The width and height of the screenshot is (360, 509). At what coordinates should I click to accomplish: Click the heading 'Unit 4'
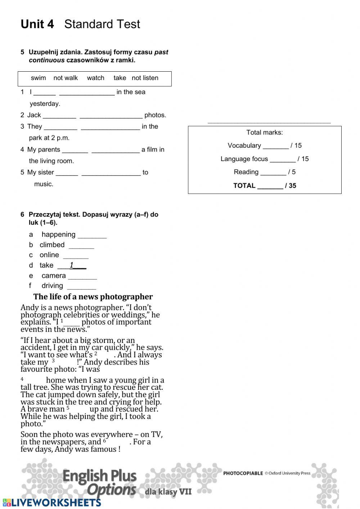tap(37, 24)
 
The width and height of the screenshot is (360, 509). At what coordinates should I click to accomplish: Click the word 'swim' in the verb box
tap(38, 78)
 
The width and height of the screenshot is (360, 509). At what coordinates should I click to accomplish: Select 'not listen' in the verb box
tap(145, 78)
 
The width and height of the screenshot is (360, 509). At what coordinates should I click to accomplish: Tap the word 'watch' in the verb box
tap(95, 78)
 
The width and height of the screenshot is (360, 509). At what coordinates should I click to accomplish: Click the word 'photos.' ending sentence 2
tap(155, 115)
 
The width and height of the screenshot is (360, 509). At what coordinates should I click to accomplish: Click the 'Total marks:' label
tap(265, 133)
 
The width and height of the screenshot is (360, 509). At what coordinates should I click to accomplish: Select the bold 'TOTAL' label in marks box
tap(244, 186)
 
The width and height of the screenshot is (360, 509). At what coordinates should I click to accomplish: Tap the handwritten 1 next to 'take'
tap(72, 265)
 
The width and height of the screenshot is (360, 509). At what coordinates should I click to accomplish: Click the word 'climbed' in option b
tap(52, 245)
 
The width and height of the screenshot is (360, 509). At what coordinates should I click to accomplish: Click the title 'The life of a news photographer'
tap(93, 297)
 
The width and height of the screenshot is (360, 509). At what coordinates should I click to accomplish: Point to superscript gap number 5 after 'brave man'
tap(68, 408)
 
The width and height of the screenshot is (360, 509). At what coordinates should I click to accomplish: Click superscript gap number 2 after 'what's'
tap(96, 353)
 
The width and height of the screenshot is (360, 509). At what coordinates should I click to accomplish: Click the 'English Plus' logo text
tap(99, 476)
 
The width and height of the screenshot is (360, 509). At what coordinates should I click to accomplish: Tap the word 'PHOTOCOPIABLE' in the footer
tap(243, 473)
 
